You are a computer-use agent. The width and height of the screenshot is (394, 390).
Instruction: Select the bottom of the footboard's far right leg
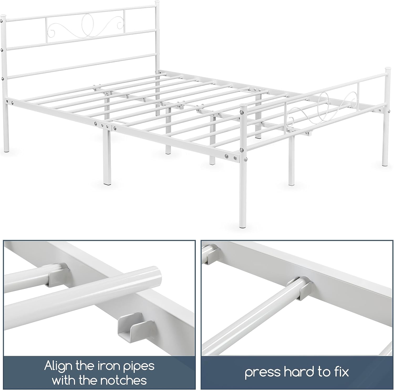(x=385, y=164)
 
